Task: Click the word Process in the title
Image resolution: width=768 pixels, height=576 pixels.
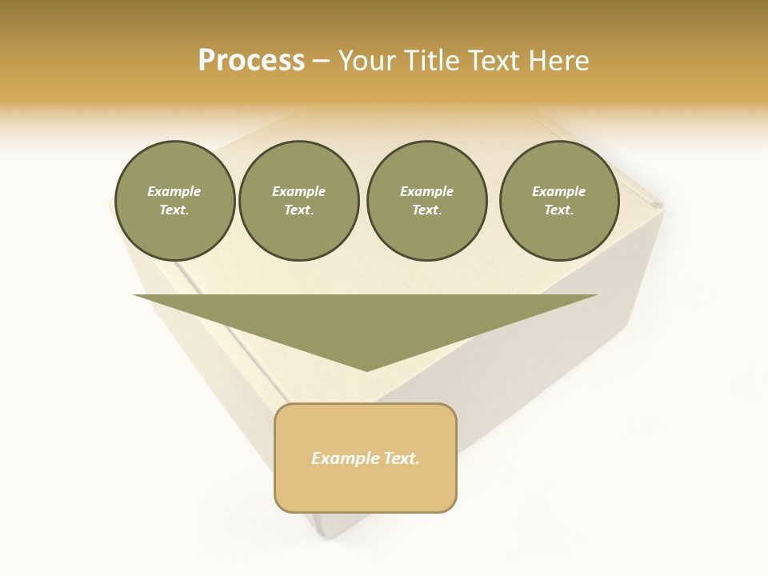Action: pos(251,61)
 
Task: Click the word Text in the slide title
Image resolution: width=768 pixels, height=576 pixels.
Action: pos(494,61)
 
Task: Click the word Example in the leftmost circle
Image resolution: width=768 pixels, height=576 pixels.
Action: pos(174,191)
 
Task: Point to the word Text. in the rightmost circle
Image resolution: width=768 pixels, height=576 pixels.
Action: pos(558,210)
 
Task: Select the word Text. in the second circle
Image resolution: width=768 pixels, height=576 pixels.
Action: pos(298,210)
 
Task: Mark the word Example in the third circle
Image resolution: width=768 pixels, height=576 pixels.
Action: pos(426,191)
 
